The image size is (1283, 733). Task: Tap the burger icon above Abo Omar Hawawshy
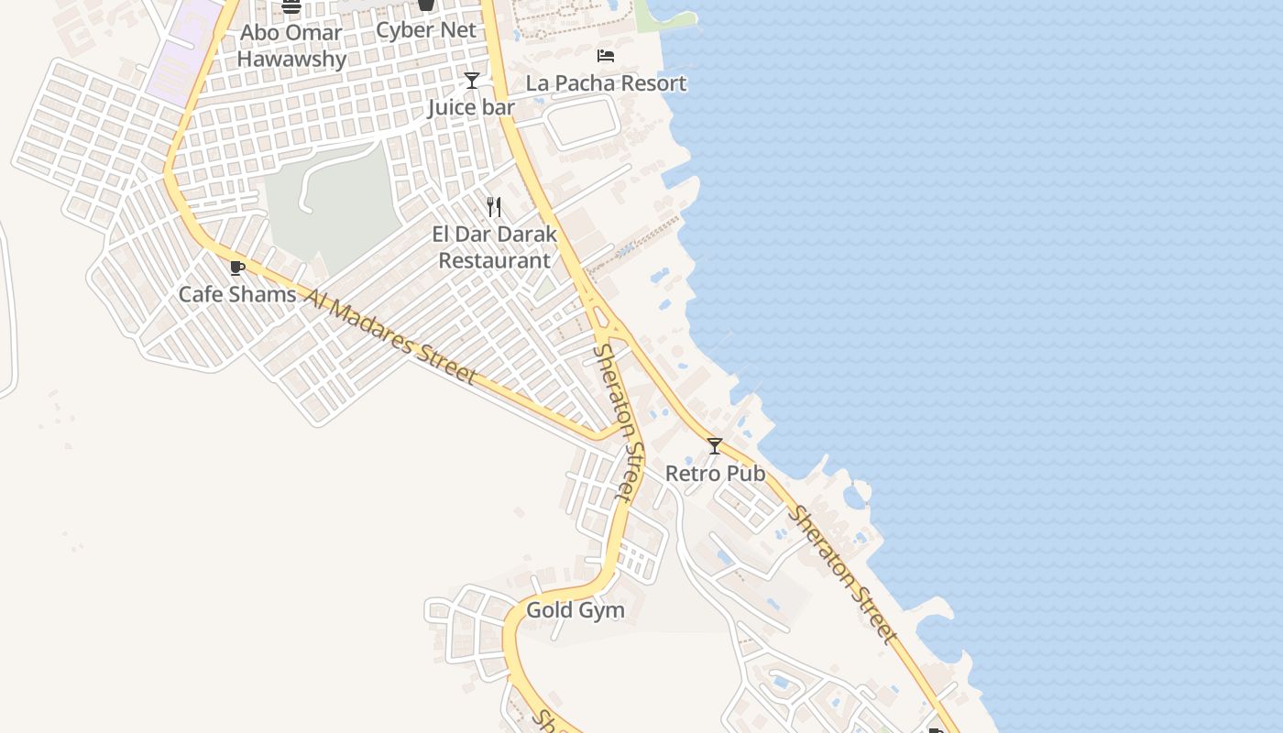coord(291,6)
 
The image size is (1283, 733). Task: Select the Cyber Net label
coord(426,30)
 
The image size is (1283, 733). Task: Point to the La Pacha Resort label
coord(606,83)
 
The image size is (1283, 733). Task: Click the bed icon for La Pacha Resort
coord(606,56)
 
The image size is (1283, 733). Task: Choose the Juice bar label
coord(471,108)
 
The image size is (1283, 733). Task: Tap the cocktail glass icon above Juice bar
coord(471,81)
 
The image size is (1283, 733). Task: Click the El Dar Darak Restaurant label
coord(495,247)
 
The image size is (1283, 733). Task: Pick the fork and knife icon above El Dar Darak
coord(495,207)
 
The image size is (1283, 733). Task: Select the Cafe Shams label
coord(237,294)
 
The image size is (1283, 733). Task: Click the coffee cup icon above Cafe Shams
coord(237,268)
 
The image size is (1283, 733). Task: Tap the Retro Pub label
coord(715,474)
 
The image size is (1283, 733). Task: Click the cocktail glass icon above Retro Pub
coord(715,446)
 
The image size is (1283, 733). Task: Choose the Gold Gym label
coord(576,610)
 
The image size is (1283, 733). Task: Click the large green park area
coord(334,211)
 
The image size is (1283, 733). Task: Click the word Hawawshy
coord(291,60)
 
